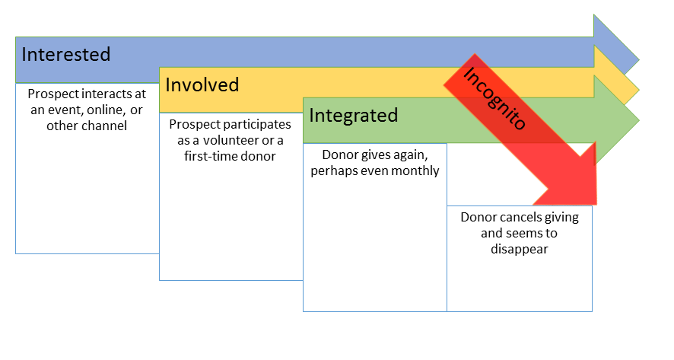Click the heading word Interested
66,55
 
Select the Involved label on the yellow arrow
202,84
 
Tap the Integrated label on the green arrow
353,116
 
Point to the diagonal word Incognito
494,98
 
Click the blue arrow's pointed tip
639,60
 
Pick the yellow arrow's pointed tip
639,91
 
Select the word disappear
520,250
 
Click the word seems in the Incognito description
525,234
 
